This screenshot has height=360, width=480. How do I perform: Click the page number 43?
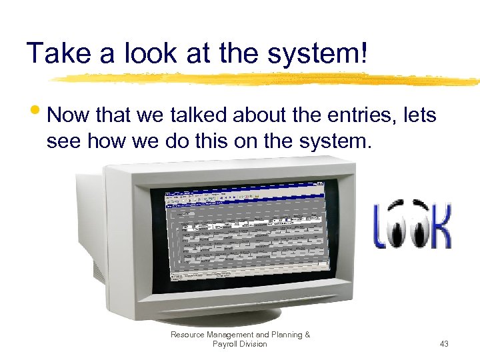coord(444,344)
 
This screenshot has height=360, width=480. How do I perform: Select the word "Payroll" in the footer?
coord(225,344)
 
